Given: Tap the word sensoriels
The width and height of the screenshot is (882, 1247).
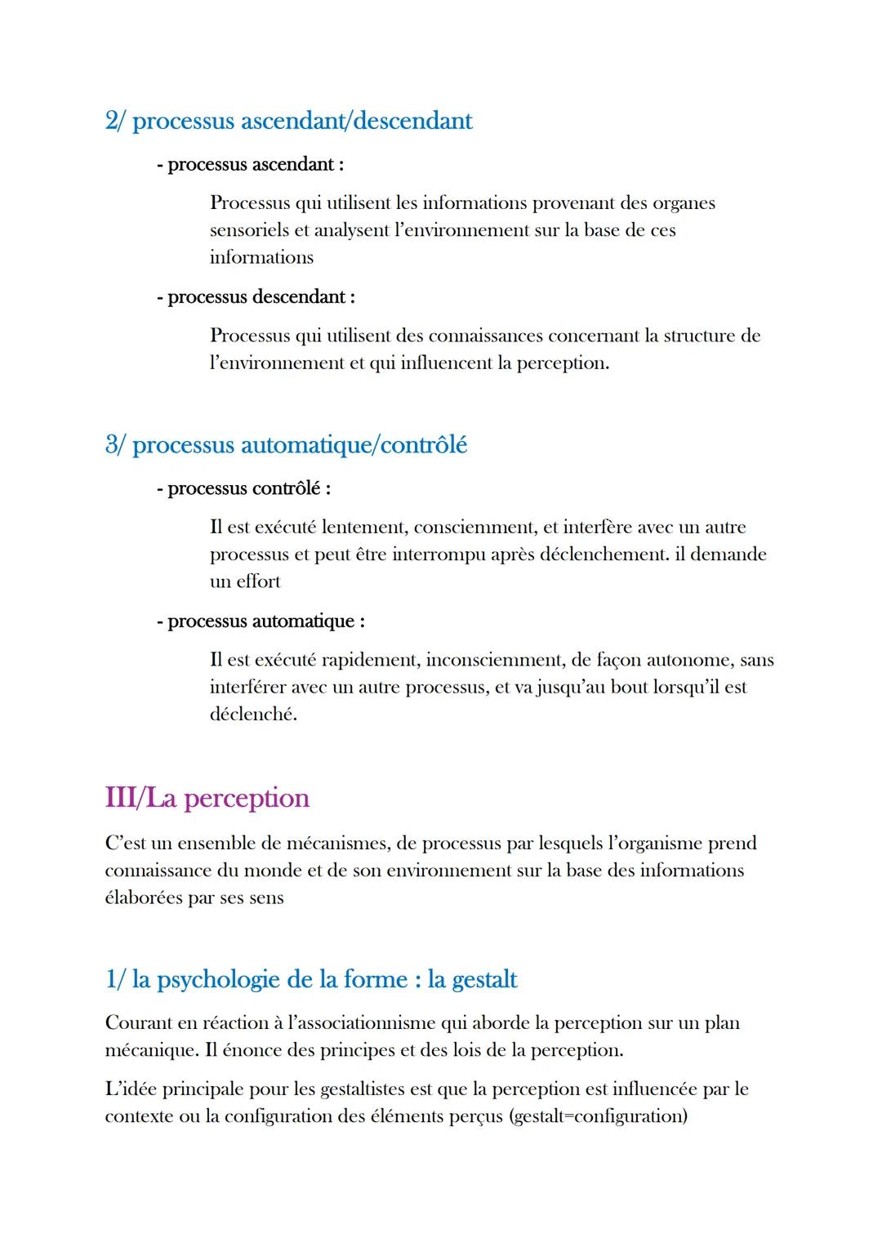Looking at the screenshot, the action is [x=248, y=230].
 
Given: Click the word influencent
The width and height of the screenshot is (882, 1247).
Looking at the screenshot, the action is [x=447, y=363].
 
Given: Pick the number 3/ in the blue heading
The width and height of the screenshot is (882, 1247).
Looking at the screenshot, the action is [x=115, y=445].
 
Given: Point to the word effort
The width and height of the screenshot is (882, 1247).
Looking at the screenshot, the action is [x=258, y=581].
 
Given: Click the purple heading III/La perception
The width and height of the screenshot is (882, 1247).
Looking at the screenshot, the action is [x=207, y=798].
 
